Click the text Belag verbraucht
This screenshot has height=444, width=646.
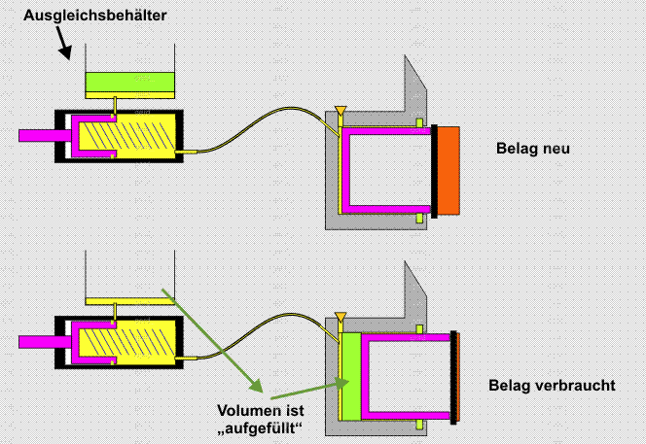click(x=552, y=386)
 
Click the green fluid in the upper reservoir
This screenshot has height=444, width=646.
click(x=129, y=85)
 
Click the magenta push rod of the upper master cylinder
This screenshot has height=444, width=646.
click(x=40, y=135)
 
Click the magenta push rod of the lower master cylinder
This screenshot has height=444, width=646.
click(x=40, y=341)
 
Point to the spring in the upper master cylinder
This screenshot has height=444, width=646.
click(x=140, y=136)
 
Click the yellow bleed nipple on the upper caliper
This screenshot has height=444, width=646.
click(x=340, y=110)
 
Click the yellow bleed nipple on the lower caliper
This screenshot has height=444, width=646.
click(x=340, y=316)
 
